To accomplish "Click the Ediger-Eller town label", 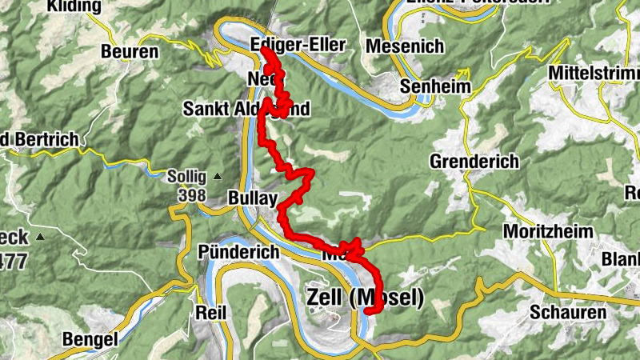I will pos(298,45).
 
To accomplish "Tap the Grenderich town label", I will pos(474,162).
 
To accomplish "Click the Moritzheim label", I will pos(548,230).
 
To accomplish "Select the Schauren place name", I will pos(573,312).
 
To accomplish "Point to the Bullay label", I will pos(252,197).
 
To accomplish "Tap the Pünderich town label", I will pos(238,252).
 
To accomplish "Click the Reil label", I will pos(210,310).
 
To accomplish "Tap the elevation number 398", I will pos(192,195).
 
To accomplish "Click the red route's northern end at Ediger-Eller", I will pos(266,51).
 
